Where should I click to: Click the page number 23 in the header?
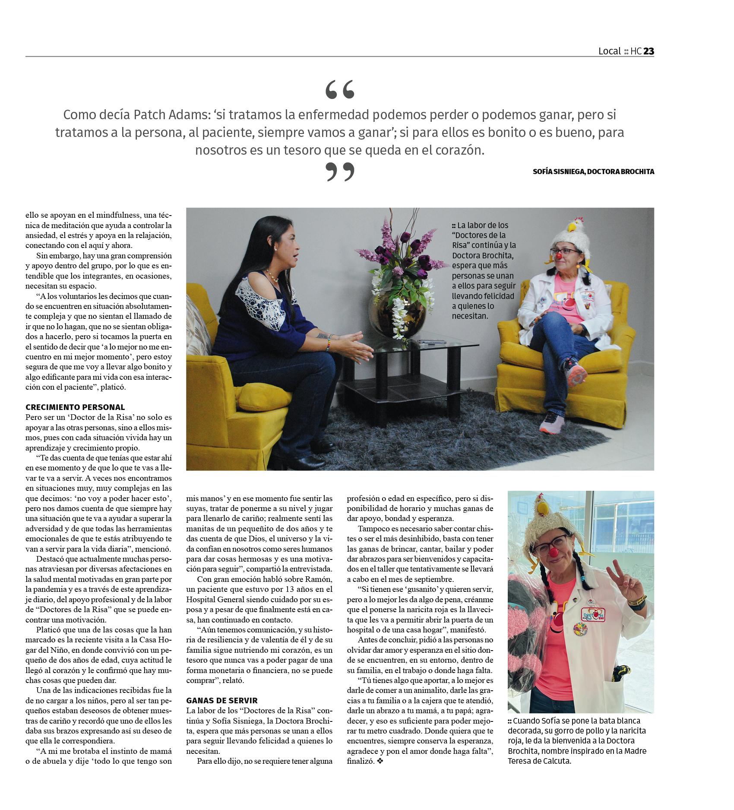tap(649, 51)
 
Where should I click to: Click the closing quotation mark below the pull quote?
tap(339, 172)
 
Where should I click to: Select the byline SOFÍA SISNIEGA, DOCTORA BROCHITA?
tap(593, 172)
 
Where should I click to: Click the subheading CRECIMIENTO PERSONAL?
tap(75, 407)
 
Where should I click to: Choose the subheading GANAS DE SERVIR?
tap(221, 700)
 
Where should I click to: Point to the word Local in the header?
tap(609, 51)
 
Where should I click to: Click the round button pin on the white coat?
tap(579, 629)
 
